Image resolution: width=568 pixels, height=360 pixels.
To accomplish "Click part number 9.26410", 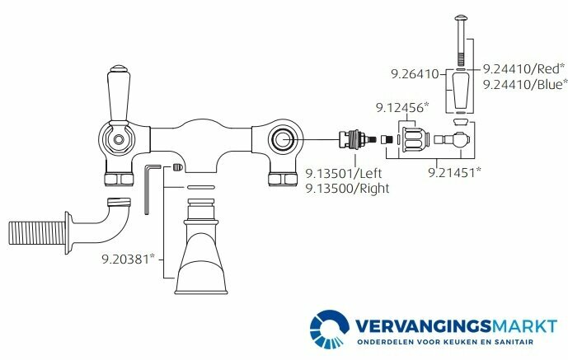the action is (x=415, y=74).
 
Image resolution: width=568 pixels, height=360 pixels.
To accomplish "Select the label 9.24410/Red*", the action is (x=524, y=68).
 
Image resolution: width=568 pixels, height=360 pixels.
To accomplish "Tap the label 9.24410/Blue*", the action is (x=525, y=84).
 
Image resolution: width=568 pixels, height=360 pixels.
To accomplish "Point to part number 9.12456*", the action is (x=402, y=107).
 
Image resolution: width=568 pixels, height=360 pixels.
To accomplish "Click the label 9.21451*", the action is (x=454, y=172).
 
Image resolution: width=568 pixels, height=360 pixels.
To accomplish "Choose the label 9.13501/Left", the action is (x=344, y=173).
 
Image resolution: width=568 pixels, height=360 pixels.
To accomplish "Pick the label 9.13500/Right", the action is (x=347, y=189).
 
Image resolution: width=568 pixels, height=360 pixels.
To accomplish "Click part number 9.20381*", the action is (x=128, y=259).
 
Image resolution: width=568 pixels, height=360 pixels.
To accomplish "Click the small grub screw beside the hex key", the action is (x=178, y=168).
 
